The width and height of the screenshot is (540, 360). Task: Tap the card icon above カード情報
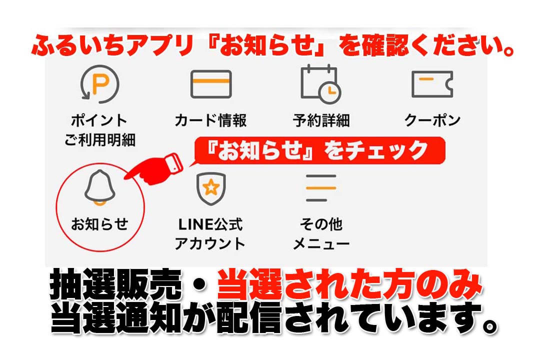click(x=210, y=84)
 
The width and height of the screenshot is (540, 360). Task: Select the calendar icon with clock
click(x=320, y=84)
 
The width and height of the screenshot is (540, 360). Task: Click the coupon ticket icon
click(x=432, y=84)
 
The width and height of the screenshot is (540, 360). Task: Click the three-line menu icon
click(x=320, y=187)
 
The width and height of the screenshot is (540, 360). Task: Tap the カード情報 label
click(x=210, y=120)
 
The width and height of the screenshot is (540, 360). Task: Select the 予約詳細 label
click(x=321, y=120)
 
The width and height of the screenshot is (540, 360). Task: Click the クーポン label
click(x=432, y=120)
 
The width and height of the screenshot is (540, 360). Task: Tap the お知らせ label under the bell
click(x=99, y=224)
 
